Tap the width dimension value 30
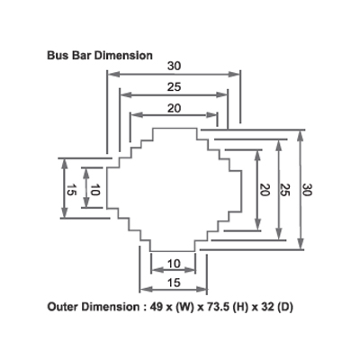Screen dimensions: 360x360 click(175, 66)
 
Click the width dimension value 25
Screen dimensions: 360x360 click(175, 87)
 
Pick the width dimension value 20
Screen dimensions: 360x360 click(175, 108)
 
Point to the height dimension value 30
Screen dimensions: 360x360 click(308, 190)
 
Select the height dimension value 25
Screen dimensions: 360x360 click(284, 190)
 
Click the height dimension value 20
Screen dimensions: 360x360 click(265, 190)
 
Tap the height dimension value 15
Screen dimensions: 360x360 click(71, 190)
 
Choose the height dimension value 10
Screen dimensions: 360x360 click(94, 190)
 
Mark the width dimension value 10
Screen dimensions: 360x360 click(174, 264)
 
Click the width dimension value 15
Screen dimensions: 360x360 click(174, 283)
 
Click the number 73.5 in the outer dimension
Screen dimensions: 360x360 click(218, 307)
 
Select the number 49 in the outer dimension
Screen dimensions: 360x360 click(156, 307)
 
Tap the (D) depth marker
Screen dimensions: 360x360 click(285, 308)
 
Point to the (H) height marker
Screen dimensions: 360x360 click(238, 308)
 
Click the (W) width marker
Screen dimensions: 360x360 click(184, 308)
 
